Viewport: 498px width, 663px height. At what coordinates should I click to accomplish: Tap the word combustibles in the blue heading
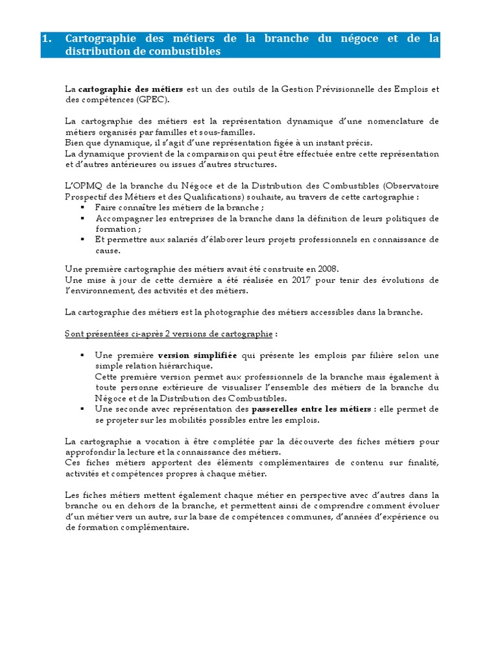[x=189, y=52]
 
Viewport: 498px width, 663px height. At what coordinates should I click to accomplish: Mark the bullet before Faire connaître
[x=82, y=207]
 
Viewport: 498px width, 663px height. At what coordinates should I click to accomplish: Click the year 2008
[x=327, y=269]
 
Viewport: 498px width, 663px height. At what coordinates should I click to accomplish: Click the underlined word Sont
[x=74, y=334]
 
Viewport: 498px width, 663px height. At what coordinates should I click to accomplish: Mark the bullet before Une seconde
[x=82, y=409]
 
